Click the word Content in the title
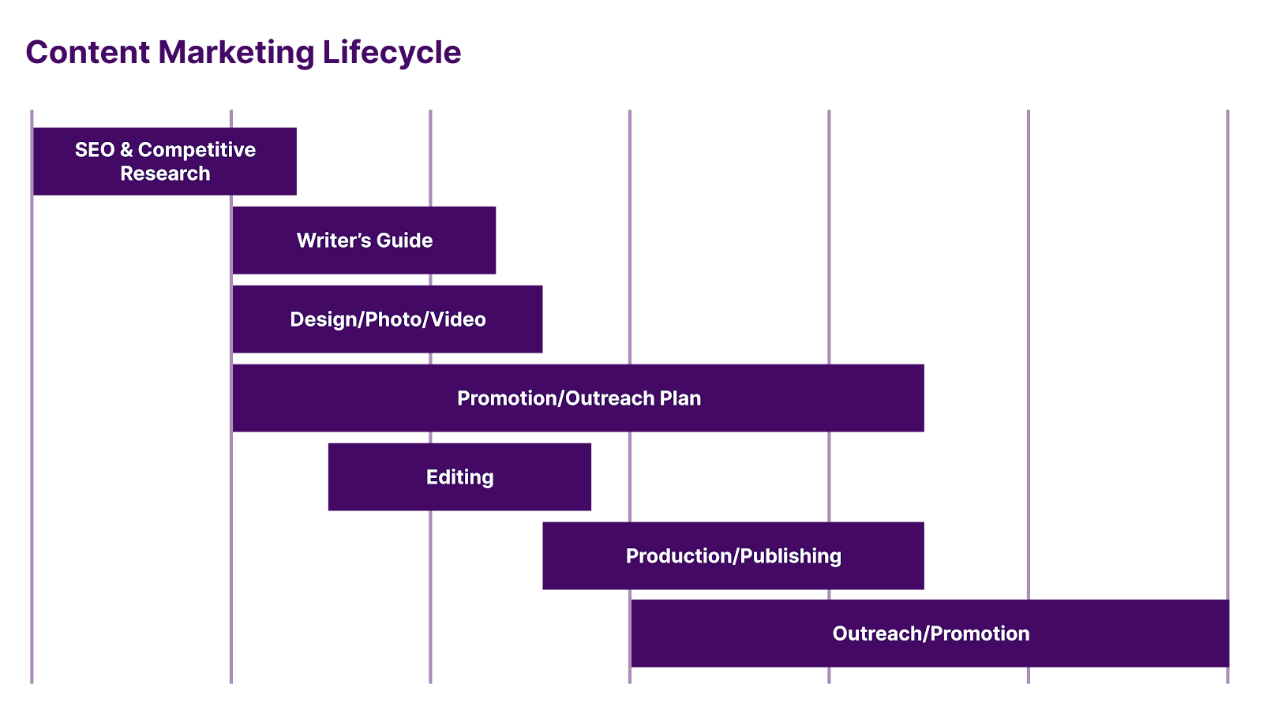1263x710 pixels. (x=88, y=53)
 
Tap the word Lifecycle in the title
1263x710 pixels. (x=392, y=53)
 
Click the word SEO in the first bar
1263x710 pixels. (x=95, y=150)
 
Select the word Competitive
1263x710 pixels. (x=197, y=150)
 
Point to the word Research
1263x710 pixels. (x=165, y=174)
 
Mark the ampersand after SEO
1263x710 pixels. (x=126, y=150)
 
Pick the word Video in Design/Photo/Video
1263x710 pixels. (x=458, y=319)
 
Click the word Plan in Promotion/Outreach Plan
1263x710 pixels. (x=680, y=398)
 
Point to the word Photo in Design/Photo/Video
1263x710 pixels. (x=394, y=319)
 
